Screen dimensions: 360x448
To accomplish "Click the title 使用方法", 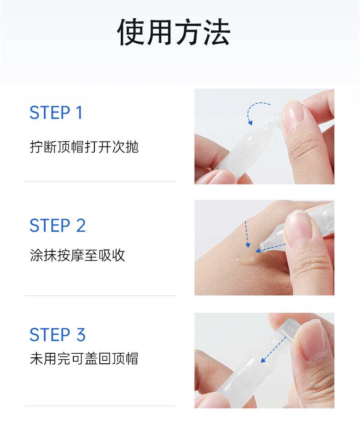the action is coord(174,32).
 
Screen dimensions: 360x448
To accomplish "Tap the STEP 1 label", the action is coord(57,112).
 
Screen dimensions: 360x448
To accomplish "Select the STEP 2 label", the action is coord(57,225).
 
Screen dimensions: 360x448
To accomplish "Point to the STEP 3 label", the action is coord(57,335).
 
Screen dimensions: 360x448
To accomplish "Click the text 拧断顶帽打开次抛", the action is coord(84,147).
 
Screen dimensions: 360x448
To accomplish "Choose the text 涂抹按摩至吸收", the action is coord(77,255).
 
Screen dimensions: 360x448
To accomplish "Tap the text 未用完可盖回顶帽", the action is coord(84,359).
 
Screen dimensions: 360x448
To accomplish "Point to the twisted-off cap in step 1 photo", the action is coord(278,118).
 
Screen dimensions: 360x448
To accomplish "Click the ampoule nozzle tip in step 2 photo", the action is coord(262,246).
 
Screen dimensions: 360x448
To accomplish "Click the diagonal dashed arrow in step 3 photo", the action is coord(273,350).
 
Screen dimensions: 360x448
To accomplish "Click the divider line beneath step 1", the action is coord(100,182).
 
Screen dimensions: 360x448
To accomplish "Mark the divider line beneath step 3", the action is coord(100,406).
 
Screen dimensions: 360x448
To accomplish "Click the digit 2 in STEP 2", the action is coord(81,225).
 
